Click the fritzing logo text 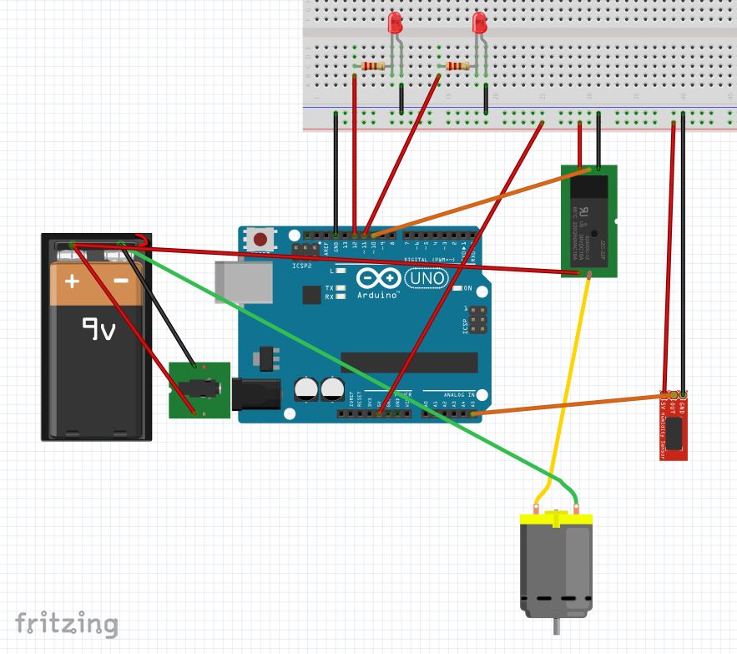tap(67, 624)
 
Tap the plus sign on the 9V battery tap(73, 281)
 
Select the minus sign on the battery tap(121, 281)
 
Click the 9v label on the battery tap(98, 329)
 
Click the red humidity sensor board tap(674, 426)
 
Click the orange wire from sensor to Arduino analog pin tap(568, 403)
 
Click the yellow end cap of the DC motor tap(556, 519)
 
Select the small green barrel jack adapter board tap(199, 389)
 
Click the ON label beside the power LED tap(467, 288)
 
